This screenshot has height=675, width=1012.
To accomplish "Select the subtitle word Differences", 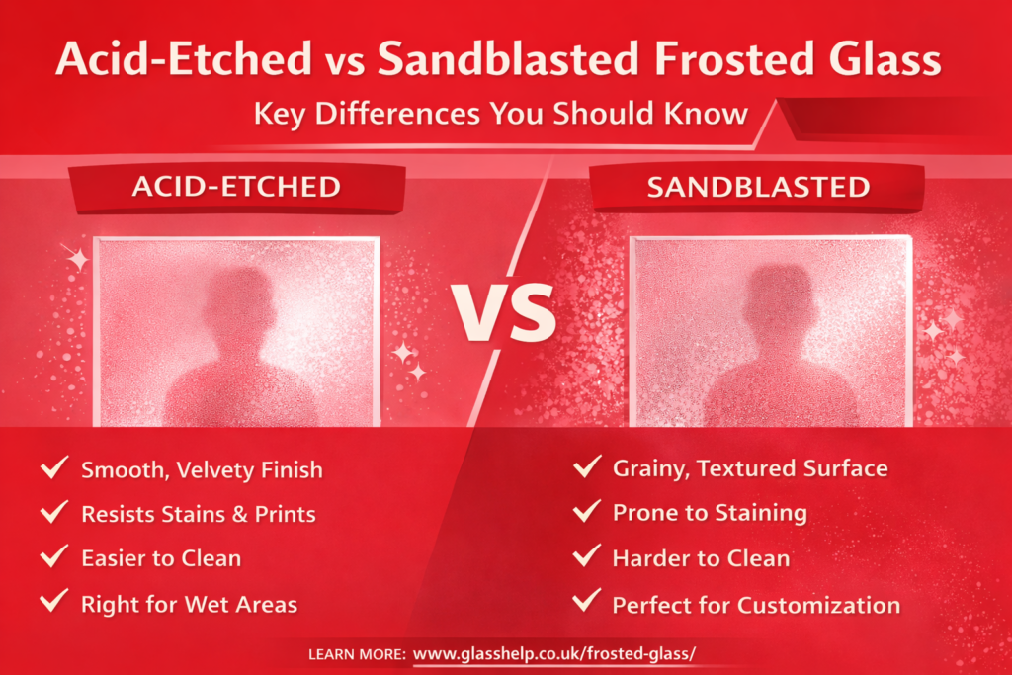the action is [397, 114].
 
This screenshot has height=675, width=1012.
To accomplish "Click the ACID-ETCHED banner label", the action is [236, 187].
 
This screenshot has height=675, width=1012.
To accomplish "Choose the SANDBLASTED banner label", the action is [758, 187].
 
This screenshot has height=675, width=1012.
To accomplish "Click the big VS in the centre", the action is [503, 313].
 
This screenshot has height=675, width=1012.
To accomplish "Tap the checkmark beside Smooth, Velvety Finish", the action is [54, 466].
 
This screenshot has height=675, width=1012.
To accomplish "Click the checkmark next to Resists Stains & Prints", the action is [54, 511].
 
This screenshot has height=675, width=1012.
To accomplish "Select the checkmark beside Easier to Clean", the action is [54, 555].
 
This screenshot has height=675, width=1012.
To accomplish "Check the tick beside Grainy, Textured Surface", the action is [587, 465].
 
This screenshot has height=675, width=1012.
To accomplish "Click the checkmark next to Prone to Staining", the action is [587, 510].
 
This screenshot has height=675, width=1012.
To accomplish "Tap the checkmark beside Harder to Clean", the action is [587, 555].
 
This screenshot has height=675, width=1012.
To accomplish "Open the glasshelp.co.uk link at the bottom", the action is [554, 653].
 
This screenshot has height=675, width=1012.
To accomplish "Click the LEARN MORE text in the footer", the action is [357, 654].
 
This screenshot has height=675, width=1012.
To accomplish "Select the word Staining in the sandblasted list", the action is [761, 514].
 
